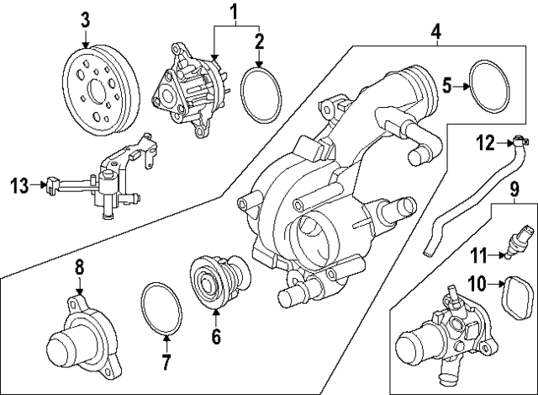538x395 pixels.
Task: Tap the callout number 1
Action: (x=235, y=12)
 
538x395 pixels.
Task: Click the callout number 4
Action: (x=436, y=33)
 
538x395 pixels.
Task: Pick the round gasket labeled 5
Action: (x=490, y=85)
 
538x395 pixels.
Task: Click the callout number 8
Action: (x=79, y=268)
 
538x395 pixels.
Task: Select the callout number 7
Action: (x=166, y=363)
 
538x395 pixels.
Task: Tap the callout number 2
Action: (x=259, y=40)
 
